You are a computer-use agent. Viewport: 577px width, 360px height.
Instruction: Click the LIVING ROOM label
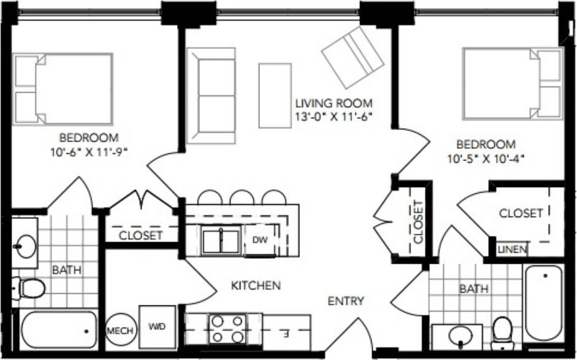(333, 103)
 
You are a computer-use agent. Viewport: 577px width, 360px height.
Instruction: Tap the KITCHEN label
(256, 285)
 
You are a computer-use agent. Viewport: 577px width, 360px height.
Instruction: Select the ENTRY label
(346, 301)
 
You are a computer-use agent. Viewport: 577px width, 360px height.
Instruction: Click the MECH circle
(120, 331)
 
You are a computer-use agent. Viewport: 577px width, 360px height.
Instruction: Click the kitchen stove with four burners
(227, 329)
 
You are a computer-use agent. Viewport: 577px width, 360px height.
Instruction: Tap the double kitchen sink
(221, 240)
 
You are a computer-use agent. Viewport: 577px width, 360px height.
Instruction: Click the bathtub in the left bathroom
(59, 330)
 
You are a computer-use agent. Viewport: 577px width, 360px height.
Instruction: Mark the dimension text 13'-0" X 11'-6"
(333, 115)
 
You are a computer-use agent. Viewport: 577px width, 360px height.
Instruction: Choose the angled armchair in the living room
(353, 56)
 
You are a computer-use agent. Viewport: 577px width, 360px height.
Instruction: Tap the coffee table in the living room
(274, 95)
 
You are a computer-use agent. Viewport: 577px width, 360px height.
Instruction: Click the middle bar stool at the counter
(242, 197)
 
